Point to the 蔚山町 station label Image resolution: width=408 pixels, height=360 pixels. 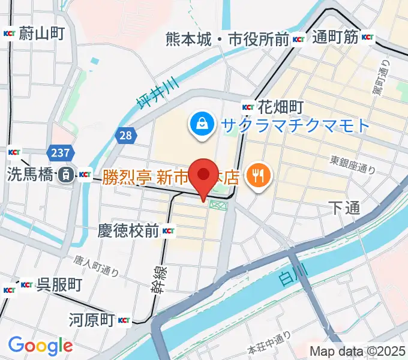click(x=41, y=34)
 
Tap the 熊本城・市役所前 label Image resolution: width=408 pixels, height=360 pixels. click(x=228, y=40)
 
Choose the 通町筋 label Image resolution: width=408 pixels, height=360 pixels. click(x=335, y=37)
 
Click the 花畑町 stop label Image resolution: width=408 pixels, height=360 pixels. click(x=279, y=107)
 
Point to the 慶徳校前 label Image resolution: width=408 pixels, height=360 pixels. click(x=128, y=230)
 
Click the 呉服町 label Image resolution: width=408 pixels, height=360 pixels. click(x=59, y=284)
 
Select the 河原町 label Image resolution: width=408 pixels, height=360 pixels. click(x=91, y=319)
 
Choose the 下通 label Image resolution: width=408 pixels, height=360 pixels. click(x=344, y=208)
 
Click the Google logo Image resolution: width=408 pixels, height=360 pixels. click(x=40, y=345)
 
